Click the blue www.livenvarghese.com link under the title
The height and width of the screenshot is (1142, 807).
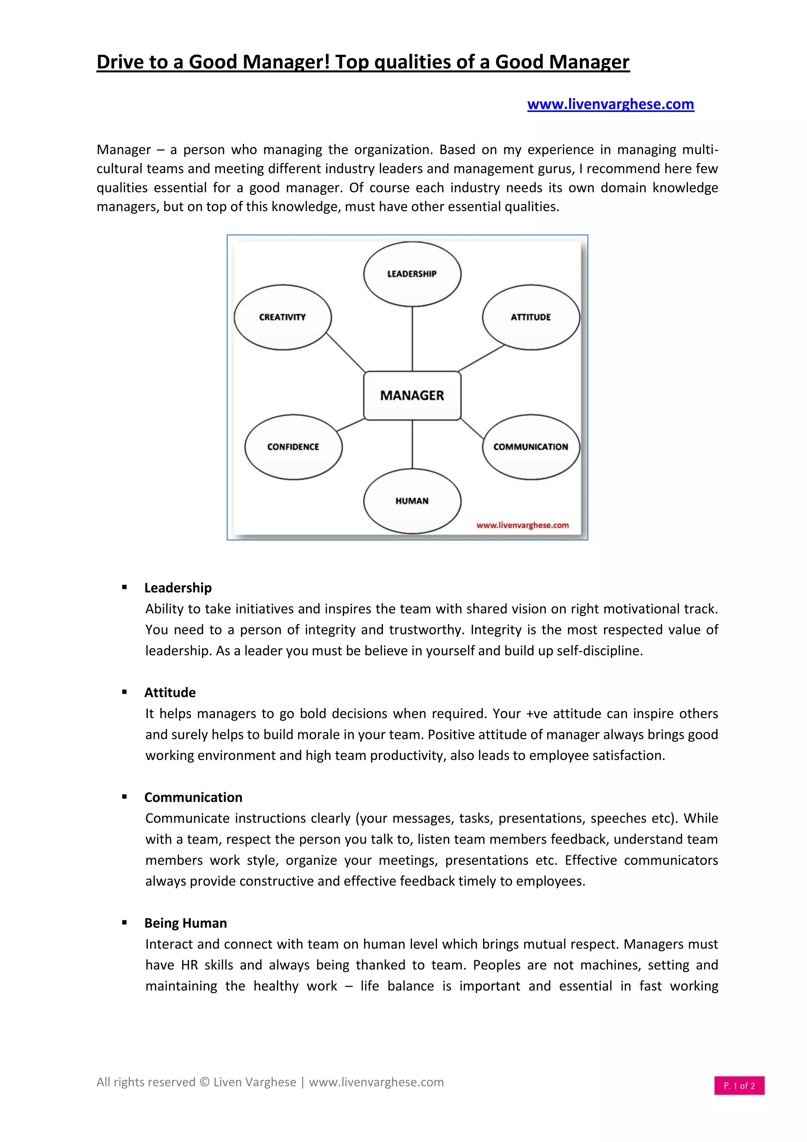[x=610, y=104]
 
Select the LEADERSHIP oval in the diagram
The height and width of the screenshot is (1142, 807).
[x=412, y=274]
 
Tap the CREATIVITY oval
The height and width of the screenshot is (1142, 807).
[x=282, y=317]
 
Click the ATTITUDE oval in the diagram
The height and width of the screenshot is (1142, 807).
[x=531, y=317]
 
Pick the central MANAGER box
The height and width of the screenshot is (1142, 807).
[x=412, y=396]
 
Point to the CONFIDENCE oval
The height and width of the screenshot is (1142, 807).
[x=293, y=447]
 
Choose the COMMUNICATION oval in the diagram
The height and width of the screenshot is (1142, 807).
[x=531, y=447]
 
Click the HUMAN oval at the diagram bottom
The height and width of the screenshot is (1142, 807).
[x=412, y=501]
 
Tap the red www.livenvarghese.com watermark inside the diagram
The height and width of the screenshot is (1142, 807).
[x=522, y=525]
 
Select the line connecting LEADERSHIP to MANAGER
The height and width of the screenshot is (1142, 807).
[x=413, y=338]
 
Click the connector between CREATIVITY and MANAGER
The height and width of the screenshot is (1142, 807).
[x=346, y=352]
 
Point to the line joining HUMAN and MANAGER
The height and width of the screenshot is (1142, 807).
[x=413, y=444]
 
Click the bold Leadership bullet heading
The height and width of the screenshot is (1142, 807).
[x=178, y=588]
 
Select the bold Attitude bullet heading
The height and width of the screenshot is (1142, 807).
[x=170, y=692]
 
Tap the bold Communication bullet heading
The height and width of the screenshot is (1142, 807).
[x=193, y=797]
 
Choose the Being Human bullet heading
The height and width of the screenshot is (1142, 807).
[x=185, y=923]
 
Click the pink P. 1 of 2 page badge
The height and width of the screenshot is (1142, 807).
[x=739, y=1086]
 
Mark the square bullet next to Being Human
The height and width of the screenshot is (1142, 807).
[x=124, y=923]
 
